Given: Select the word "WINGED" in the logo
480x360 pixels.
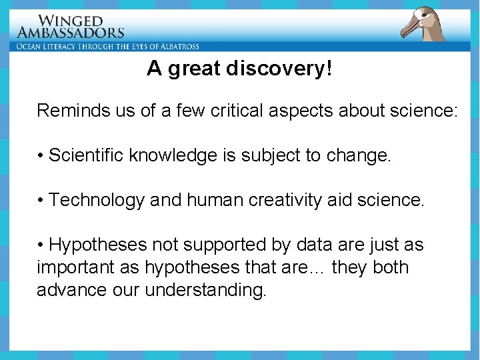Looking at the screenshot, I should pos(71,21).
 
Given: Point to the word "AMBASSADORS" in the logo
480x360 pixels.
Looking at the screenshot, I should pos(71,33).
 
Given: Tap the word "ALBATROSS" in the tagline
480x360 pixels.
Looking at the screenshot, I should pos(176,47).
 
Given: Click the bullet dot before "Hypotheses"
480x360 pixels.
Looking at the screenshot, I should pos(41,245).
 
